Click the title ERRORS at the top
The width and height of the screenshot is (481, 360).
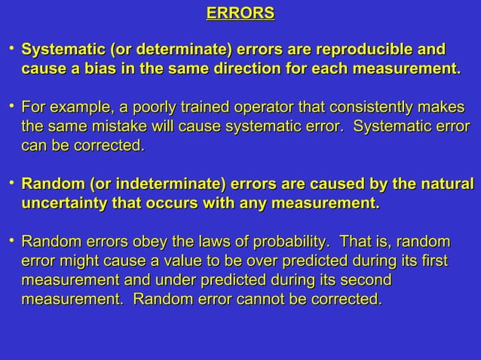click(x=240, y=14)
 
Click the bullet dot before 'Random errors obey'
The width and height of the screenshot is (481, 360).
click(x=11, y=240)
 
